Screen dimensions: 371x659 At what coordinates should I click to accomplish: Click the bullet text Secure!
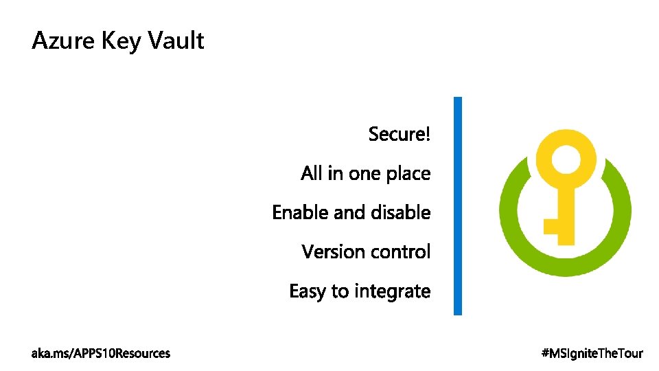[400, 134]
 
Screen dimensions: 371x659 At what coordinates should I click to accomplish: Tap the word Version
[329, 252]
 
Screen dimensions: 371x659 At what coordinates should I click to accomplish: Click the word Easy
[308, 291]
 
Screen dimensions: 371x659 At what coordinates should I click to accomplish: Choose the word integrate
[391, 292]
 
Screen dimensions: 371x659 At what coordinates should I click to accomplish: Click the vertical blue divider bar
[458, 206]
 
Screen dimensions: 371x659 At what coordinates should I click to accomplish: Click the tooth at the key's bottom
[552, 226]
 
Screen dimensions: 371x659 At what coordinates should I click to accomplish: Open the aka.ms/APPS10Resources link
[101, 354]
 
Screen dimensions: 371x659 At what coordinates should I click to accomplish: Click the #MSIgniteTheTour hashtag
[592, 354]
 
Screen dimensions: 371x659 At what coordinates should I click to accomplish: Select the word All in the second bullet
[312, 174]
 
